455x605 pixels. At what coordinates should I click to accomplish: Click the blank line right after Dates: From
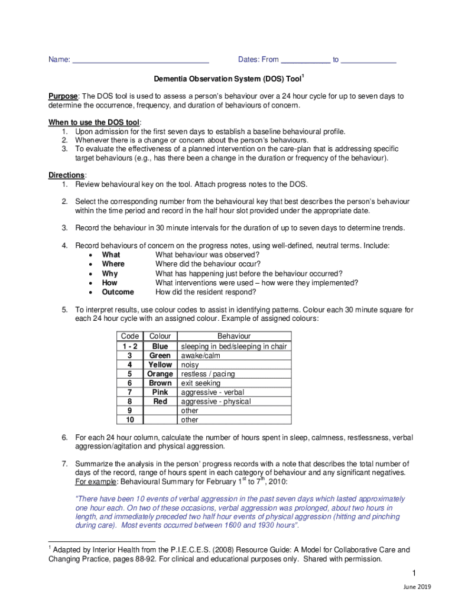coord(305,60)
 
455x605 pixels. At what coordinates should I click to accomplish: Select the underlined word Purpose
coord(63,96)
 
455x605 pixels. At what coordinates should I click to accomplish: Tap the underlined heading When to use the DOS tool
coord(94,122)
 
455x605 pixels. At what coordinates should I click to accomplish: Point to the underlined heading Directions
coord(67,175)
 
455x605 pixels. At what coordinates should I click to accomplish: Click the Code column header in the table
coord(130,336)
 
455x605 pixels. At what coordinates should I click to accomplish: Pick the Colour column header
coord(160,336)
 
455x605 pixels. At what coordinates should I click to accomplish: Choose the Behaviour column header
coord(233,336)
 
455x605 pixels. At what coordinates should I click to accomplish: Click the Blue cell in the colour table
coord(160,346)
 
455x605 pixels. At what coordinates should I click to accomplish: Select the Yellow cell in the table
coord(160,365)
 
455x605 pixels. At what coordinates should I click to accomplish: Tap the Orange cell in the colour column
coord(160,374)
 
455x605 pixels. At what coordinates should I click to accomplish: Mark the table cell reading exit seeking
coord(201,383)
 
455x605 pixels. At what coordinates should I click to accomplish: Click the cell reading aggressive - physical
coord(216,401)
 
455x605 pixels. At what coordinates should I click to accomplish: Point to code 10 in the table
coord(129,419)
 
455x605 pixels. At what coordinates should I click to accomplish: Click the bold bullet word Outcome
coord(118,292)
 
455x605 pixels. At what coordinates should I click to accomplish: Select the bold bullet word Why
coord(110,274)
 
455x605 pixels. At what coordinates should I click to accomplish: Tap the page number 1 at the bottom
coord(415,574)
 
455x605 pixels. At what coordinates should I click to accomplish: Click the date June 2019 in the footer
coord(417,587)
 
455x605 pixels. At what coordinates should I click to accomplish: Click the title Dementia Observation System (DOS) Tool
coord(227,79)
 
